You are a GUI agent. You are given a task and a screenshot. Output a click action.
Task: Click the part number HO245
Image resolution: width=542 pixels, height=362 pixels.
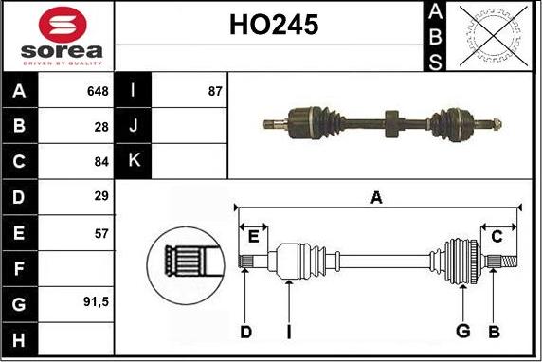274,25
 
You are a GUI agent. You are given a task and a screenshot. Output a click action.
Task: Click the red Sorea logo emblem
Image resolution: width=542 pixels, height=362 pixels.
63,25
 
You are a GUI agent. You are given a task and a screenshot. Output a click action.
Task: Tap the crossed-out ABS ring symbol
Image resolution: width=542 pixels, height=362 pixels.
494,36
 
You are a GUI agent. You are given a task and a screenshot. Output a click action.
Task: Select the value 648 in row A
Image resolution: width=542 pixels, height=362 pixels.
98,91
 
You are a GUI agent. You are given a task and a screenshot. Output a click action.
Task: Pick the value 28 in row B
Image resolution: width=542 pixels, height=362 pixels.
101,127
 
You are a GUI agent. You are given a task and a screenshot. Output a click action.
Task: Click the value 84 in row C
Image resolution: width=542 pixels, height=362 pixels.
101,161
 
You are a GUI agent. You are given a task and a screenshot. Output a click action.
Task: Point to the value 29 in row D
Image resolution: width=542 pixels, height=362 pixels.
101,196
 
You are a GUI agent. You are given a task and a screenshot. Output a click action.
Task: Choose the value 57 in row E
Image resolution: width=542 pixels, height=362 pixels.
101,234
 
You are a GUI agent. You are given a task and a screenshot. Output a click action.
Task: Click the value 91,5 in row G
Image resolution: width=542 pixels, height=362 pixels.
96,302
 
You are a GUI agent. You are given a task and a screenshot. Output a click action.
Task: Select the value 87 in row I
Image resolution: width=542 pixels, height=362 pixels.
215,91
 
